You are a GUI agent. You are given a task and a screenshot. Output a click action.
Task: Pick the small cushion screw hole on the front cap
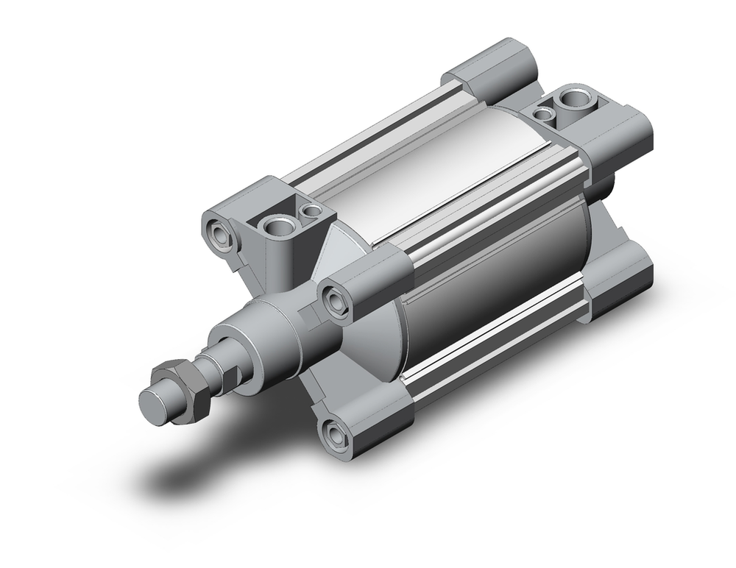(313, 211)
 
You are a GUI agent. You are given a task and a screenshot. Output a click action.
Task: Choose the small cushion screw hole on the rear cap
(544, 113)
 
